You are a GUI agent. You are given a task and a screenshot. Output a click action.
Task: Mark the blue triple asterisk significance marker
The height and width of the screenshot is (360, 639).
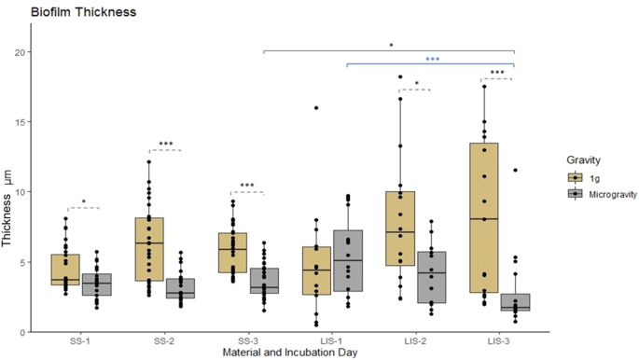pos(432,60)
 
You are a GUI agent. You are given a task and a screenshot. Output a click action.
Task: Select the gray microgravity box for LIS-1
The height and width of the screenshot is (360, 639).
pos(348,260)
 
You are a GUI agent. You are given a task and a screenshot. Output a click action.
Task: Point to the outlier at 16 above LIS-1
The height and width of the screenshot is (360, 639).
pos(317,108)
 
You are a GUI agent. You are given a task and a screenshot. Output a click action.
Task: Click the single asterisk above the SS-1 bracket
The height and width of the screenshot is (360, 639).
pos(84,202)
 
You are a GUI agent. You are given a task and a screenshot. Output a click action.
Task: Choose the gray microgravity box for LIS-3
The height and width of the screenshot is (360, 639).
pos(514,303)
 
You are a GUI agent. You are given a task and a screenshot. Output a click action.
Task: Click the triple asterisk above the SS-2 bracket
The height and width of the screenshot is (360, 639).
pos(165,145)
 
